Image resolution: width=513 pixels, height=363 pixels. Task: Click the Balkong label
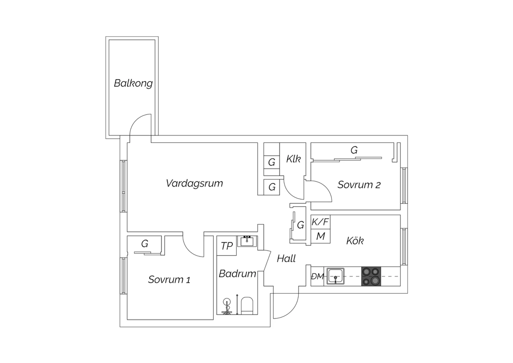[x=133, y=83]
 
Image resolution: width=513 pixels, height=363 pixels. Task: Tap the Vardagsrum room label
[x=195, y=183]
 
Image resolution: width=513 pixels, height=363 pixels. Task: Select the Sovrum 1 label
[x=169, y=279]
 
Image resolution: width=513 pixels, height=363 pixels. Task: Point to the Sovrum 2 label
[x=359, y=185]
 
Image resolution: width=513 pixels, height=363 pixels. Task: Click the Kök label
[x=355, y=240]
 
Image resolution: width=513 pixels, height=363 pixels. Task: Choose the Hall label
[x=286, y=259]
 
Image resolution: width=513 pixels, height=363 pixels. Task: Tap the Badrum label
[x=237, y=274]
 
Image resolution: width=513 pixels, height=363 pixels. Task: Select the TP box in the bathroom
[x=226, y=246]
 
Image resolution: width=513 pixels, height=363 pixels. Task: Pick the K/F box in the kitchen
[x=320, y=222]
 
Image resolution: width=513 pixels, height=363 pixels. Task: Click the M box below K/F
[x=320, y=236]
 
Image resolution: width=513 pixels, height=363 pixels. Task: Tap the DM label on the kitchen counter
[x=317, y=276]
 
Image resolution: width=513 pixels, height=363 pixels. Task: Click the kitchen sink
[x=336, y=276]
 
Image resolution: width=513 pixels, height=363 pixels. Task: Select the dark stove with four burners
[x=371, y=276]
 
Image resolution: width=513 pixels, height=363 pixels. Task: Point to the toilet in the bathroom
[x=247, y=306]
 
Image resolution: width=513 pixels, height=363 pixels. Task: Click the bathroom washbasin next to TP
[x=247, y=241]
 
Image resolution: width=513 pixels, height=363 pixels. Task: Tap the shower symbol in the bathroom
[x=227, y=306]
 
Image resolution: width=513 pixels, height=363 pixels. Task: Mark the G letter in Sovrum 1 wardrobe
[x=145, y=243]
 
